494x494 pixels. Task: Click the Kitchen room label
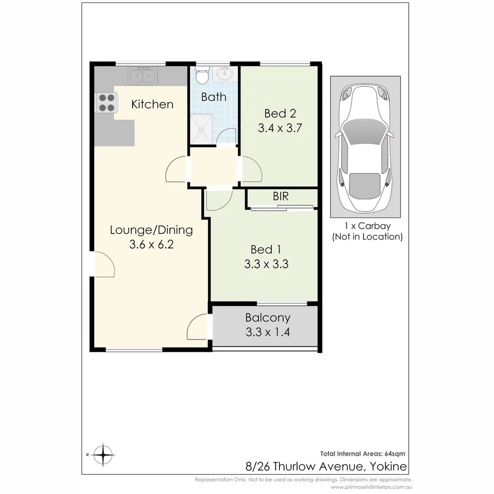click(152, 104)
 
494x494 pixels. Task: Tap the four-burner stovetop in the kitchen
click(106, 102)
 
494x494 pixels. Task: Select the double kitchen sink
click(143, 75)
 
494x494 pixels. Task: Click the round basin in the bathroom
click(224, 73)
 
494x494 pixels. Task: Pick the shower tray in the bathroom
click(201, 128)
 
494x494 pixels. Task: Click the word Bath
click(214, 97)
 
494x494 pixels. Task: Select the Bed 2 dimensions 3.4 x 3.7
click(279, 128)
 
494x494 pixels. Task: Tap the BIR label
click(280, 197)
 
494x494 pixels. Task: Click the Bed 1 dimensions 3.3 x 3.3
click(266, 264)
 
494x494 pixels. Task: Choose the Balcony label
click(268, 317)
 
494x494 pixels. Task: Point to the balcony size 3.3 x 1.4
click(268, 332)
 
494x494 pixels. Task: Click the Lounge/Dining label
click(151, 230)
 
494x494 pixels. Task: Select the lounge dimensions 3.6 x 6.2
click(151, 245)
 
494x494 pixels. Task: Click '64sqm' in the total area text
click(394, 454)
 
